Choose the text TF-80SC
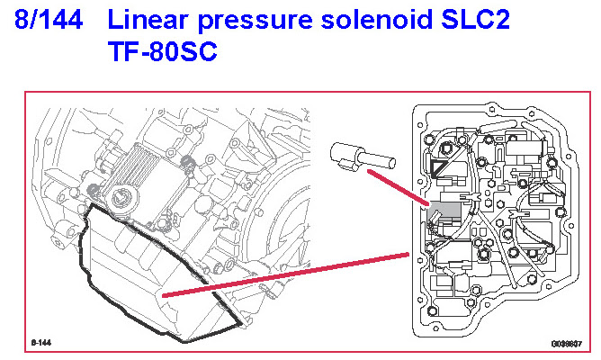pyautogui.click(x=161, y=53)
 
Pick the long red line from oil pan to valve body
pyautogui.click(x=288, y=274)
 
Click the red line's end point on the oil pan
pyautogui.click(x=163, y=294)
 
